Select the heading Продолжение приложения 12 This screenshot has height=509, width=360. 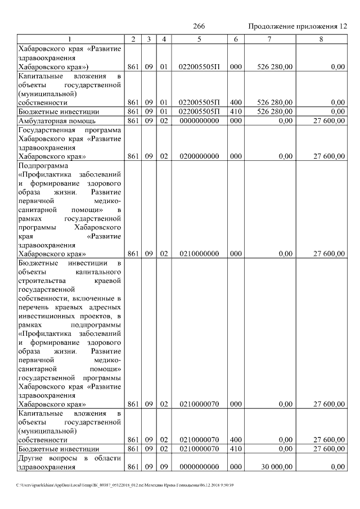[297, 26]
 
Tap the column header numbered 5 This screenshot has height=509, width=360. [199, 39]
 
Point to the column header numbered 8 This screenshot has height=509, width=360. [321, 39]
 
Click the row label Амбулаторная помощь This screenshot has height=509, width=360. [57, 120]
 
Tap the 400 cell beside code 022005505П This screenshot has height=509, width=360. [236, 102]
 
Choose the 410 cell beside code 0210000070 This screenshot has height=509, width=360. [236, 449]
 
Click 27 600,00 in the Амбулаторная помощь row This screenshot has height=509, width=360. [329, 120]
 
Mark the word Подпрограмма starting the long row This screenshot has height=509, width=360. [42, 166]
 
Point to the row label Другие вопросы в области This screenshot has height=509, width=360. [70, 458]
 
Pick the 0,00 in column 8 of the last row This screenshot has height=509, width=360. [337, 467]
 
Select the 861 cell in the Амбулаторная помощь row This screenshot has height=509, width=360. [133, 120]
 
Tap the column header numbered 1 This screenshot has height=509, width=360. [70, 39]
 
